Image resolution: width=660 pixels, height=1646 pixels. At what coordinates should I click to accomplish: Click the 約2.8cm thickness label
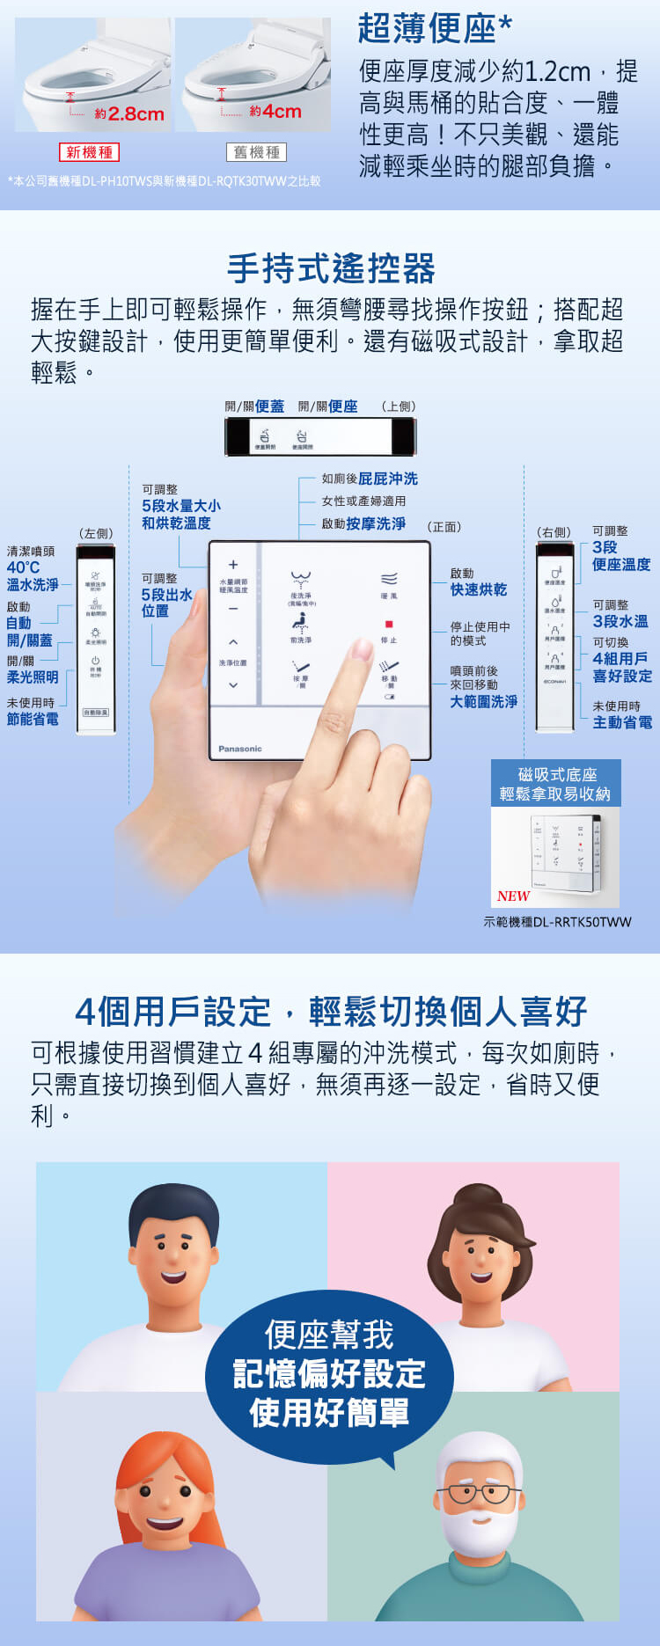click(x=129, y=114)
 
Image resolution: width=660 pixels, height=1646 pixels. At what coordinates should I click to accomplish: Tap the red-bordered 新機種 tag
click(x=89, y=152)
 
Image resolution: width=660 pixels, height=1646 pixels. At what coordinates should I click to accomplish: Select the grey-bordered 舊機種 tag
click(x=256, y=152)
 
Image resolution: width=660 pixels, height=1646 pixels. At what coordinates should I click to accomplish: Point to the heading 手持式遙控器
click(x=331, y=268)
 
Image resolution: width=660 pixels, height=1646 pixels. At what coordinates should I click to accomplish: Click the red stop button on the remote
click(x=389, y=624)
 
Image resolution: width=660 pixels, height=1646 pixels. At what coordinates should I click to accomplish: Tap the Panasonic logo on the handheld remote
click(x=240, y=749)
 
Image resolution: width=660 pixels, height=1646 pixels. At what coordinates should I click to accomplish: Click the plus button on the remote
click(x=233, y=565)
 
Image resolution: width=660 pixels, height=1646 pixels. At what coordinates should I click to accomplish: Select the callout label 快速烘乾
click(x=479, y=589)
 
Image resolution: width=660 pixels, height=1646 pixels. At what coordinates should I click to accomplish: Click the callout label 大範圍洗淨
click(x=484, y=701)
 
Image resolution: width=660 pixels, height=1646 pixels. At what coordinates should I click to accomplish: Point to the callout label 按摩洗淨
click(x=376, y=523)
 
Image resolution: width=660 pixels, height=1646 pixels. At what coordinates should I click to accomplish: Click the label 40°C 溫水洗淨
click(x=33, y=576)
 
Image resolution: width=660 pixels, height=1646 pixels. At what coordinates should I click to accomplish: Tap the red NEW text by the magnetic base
click(x=513, y=896)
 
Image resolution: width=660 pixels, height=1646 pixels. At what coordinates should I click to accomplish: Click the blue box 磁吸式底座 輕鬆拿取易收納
click(x=555, y=784)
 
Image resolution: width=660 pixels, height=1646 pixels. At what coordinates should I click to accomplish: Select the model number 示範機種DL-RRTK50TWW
click(x=557, y=922)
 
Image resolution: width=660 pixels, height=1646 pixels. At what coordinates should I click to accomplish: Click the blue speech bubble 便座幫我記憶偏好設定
click(x=330, y=1373)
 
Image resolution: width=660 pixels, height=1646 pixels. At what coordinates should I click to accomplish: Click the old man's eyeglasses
click(x=479, y=1493)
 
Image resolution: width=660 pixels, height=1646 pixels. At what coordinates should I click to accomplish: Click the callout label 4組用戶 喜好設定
click(x=622, y=667)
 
